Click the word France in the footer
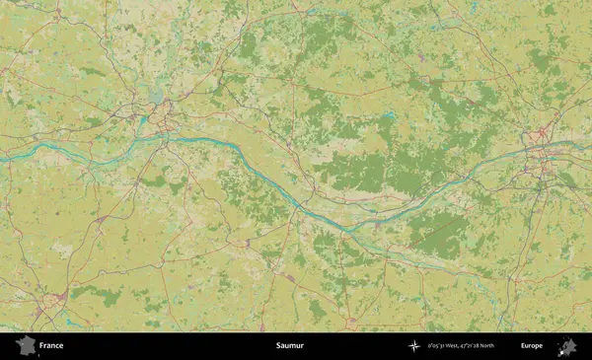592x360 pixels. pyautogui.click(x=51, y=346)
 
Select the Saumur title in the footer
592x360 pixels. pyautogui.click(x=290, y=346)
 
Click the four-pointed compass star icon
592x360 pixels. pyautogui.click(x=414, y=346)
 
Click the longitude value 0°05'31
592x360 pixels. pyautogui.click(x=435, y=346)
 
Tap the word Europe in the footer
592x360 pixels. pyautogui.click(x=532, y=346)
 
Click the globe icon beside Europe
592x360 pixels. pyautogui.click(x=567, y=346)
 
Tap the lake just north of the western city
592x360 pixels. pyautogui.click(x=152, y=97)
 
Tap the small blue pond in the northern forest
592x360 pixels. pyautogui.click(x=391, y=115)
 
